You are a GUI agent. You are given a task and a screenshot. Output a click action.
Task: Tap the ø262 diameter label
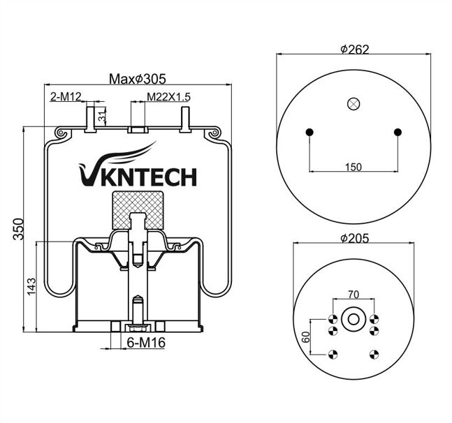pos(354,49)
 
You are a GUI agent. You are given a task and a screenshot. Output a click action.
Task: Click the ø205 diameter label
pos(354,238)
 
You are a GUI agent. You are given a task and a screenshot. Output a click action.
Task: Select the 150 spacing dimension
pos(354,166)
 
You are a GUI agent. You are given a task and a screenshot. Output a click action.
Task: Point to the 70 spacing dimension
pos(353,295)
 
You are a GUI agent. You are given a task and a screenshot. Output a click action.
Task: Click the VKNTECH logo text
pos(138,175)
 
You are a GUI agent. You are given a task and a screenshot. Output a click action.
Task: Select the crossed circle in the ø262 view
pos(353,104)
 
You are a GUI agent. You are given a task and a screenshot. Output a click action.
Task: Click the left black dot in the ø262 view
pos(309,133)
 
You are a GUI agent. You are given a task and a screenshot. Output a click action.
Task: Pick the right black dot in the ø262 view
pos(398,133)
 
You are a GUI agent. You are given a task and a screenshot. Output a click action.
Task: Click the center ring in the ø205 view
pos(353,320)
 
